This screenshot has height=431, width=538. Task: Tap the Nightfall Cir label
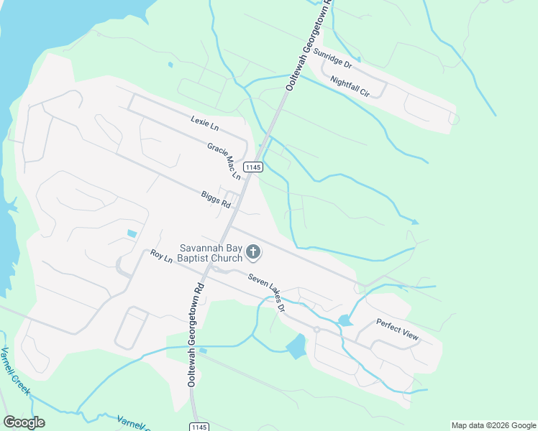[x=350, y=86]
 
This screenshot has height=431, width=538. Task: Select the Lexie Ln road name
[x=205, y=124]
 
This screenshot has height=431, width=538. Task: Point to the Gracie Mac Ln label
[x=224, y=159]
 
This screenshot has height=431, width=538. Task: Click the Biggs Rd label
[x=216, y=199]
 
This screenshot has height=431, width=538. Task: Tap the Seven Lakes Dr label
[x=268, y=292]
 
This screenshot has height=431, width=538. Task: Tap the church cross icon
[x=252, y=251]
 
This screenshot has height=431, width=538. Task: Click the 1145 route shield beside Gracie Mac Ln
[x=252, y=167]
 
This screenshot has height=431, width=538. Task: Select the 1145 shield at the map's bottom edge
[x=201, y=427]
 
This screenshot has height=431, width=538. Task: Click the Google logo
[x=24, y=422]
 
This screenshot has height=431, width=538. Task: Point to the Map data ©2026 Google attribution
[x=493, y=425]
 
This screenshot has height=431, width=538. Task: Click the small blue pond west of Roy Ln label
[x=132, y=233]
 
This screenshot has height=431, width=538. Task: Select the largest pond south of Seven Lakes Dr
[x=296, y=347]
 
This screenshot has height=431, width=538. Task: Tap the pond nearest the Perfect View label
[x=345, y=320]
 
